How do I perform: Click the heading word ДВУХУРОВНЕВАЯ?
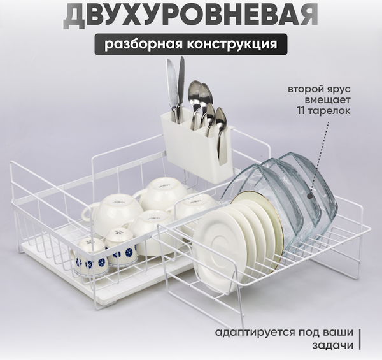point(191,16)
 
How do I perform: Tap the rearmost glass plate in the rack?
point(312,185)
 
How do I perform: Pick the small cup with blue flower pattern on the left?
point(89,255)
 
